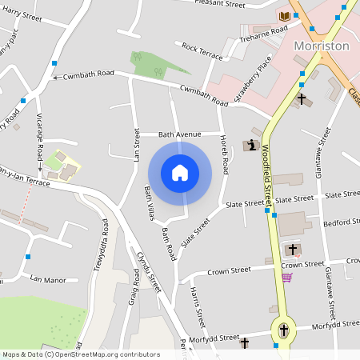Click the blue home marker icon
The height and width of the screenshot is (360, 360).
tap(180, 172)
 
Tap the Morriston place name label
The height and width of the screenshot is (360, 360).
tap(321, 46)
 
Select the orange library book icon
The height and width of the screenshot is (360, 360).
tap(284, 16)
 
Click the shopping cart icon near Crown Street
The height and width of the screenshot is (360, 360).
tap(286, 278)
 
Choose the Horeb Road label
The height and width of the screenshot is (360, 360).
tap(225, 155)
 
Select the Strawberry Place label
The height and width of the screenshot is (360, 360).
tap(254, 79)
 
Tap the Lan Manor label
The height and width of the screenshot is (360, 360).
tap(47, 279)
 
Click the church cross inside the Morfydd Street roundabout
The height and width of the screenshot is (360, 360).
tap(283, 329)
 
